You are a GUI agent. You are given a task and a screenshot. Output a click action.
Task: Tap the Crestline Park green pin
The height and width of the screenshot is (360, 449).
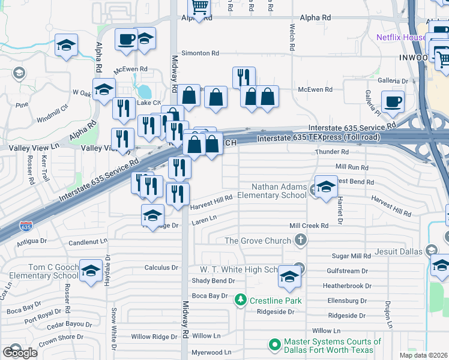click(x=240, y=299)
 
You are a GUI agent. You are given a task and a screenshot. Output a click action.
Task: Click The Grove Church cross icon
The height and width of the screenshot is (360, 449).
click(x=300, y=241)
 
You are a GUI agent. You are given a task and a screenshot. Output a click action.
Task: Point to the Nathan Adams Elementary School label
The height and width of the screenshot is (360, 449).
click(x=271, y=191)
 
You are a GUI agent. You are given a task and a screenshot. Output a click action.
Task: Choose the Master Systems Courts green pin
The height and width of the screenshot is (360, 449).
click(x=275, y=344)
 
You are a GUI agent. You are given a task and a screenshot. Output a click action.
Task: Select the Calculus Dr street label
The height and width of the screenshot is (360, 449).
click(x=161, y=268)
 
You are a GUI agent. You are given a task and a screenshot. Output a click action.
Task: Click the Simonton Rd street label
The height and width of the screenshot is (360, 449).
click(x=200, y=53)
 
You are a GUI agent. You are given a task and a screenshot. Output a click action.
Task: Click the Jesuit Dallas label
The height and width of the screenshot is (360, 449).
click(x=399, y=251)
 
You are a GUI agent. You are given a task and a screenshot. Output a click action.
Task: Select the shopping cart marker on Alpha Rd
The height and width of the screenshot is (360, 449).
click(x=199, y=8)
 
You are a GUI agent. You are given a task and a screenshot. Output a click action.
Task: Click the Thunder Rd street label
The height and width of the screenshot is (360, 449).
click(x=331, y=152)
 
